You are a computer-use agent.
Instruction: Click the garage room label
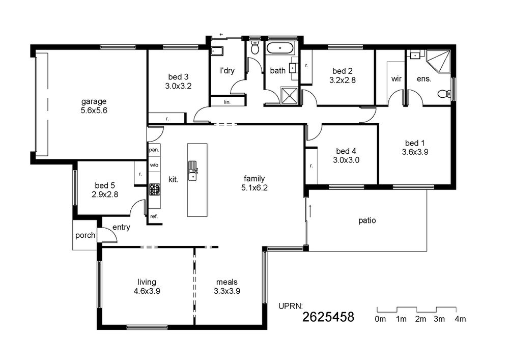point(94,102)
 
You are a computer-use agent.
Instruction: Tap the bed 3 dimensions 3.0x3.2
point(178,86)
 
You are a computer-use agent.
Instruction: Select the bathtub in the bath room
point(280,48)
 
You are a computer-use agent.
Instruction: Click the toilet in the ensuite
point(444,94)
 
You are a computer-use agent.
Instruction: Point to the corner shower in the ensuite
point(438,62)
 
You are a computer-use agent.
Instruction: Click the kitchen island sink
point(193,171)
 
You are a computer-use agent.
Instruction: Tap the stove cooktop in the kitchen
point(155,189)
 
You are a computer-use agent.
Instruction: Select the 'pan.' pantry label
point(154,150)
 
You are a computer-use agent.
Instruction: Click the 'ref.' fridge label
point(154,216)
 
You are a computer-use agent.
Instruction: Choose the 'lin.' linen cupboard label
point(227,102)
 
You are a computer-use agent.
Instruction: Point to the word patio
point(367,220)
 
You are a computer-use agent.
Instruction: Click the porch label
point(86,235)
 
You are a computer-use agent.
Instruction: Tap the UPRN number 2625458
point(328,317)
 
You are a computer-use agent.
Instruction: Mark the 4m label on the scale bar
point(460,319)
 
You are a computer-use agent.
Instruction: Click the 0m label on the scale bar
point(380,319)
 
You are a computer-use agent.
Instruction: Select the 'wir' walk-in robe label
point(397,78)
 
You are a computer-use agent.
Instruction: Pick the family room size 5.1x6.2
point(254,187)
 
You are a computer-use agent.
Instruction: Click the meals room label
point(227,282)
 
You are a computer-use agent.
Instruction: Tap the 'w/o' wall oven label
point(154,165)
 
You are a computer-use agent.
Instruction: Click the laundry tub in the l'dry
point(217,51)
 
